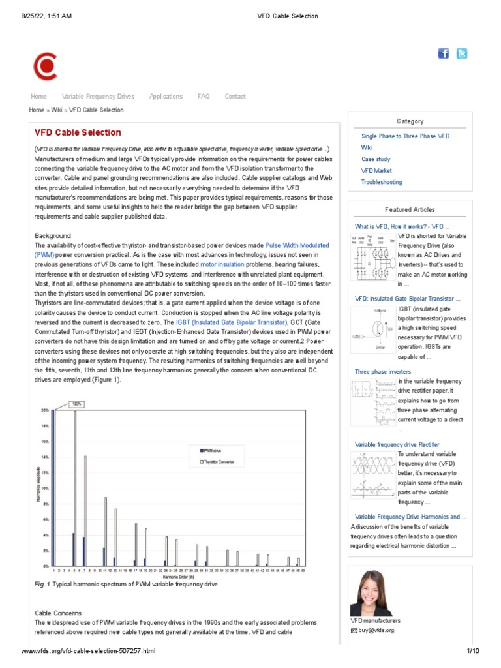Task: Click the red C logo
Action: [x=45, y=66]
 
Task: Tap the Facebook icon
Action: [x=444, y=53]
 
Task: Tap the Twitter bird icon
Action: [x=461, y=53]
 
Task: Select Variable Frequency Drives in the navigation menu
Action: [x=98, y=97]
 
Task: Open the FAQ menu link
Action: [x=204, y=97]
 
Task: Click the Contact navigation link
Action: [x=235, y=97]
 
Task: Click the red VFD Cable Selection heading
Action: [x=78, y=132]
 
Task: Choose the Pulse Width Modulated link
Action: [x=297, y=245]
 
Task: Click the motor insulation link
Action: [x=222, y=265]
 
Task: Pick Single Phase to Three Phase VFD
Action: [x=405, y=136]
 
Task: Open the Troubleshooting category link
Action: [x=382, y=182]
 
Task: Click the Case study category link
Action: [x=376, y=159]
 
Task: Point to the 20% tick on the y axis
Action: [x=45, y=410]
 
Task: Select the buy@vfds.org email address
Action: [x=376, y=631]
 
